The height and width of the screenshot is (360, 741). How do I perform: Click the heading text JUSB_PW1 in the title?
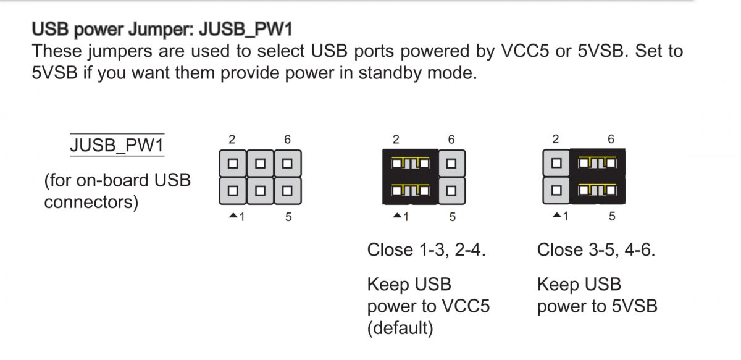click(x=246, y=29)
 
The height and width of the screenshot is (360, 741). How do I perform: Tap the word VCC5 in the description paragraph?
click(x=525, y=51)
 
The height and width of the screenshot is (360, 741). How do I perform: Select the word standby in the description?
click(x=390, y=73)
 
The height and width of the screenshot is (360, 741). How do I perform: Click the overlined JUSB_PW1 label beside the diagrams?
click(x=117, y=145)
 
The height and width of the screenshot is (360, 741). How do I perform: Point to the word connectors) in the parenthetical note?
click(x=91, y=202)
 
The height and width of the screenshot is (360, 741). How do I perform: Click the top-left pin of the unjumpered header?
click(x=233, y=164)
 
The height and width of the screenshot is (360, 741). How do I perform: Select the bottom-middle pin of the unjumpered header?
click(x=261, y=191)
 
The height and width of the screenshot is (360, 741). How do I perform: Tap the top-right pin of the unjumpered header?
click(x=288, y=164)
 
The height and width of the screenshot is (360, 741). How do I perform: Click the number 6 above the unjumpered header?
click(x=287, y=140)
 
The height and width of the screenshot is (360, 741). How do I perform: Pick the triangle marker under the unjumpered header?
click(x=233, y=216)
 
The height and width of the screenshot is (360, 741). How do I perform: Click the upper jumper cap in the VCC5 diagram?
click(x=411, y=163)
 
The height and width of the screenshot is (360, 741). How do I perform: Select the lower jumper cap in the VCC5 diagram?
click(x=411, y=191)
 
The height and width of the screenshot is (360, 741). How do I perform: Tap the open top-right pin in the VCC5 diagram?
click(x=451, y=164)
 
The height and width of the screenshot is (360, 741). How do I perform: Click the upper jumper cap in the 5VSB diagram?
click(x=598, y=163)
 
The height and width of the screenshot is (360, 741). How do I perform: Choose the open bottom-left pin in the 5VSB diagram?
click(x=556, y=190)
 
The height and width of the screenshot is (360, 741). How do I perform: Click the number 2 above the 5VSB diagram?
click(x=556, y=140)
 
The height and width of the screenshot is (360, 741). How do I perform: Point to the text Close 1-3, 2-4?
click(x=427, y=250)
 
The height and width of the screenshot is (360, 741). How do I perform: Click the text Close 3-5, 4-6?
click(x=596, y=250)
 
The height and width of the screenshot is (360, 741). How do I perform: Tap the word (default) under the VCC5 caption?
click(x=400, y=329)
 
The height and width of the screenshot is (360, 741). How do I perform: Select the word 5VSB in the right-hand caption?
click(x=635, y=306)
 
